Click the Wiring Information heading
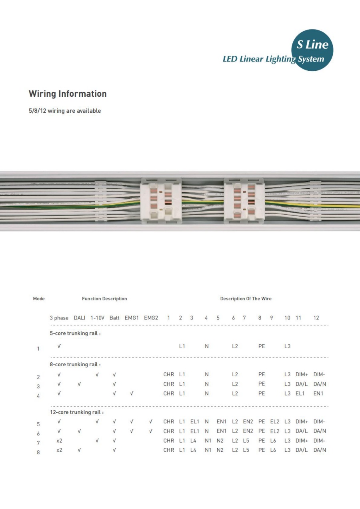68,94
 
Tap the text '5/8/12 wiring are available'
64,111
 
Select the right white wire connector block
244,201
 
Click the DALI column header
80,318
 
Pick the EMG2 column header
151,318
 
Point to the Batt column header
114,318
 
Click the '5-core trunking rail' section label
75,333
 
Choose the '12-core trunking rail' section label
77,412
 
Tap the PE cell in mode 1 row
262,346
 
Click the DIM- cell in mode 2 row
319,375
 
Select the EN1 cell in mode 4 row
318,393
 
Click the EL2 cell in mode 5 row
275,421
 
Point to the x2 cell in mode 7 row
59,441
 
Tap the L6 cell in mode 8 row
273,450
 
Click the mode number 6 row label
38,434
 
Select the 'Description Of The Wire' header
246,299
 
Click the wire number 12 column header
316,318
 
